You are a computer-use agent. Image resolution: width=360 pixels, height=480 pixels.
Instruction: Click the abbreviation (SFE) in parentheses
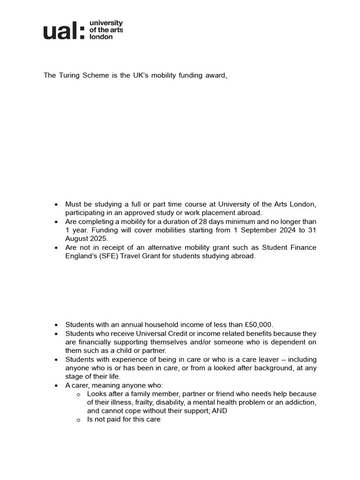pyautogui.click(x=108, y=256)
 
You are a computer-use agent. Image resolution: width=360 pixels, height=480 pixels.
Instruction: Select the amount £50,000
pyautogui.click(x=258, y=325)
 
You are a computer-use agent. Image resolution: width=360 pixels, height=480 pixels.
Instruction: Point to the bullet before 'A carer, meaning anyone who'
pyautogui.click(x=56, y=385)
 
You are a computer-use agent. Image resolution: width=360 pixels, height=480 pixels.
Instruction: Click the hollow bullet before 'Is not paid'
pyautogui.click(x=78, y=420)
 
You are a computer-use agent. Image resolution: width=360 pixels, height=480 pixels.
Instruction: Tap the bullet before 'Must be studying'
pyautogui.click(x=56, y=204)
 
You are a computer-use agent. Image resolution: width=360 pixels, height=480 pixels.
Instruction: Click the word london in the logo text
pyautogui.click(x=101, y=37)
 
